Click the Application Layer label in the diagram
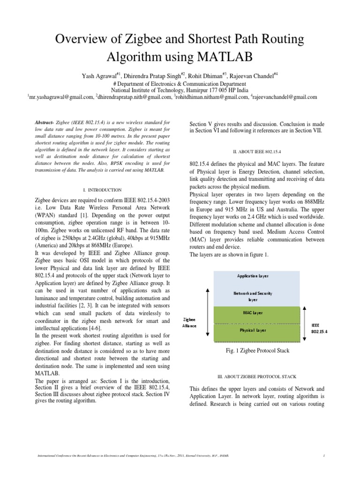(253, 276)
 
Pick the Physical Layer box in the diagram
(253, 330)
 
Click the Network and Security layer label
(253, 296)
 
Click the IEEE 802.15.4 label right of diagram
(319, 327)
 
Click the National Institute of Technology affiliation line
(180, 90)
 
